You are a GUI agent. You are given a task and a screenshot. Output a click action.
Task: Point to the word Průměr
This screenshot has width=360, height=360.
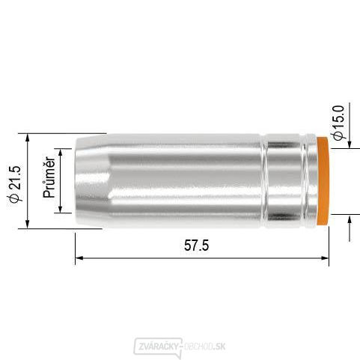(49, 177)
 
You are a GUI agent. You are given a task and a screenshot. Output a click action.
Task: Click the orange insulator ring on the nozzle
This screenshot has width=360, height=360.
(323, 180)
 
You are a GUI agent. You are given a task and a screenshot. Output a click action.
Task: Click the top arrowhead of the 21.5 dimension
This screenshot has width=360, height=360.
(28, 139)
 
